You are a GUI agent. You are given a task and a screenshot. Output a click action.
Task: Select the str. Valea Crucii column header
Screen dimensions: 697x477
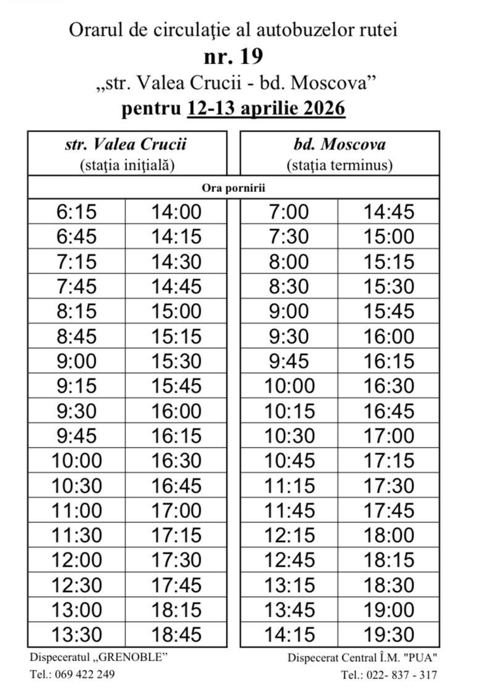tap(126, 145)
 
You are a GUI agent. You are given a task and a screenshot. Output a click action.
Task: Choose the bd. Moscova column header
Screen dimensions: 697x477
tap(339, 145)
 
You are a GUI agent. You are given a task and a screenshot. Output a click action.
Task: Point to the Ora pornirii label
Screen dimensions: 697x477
tap(233, 188)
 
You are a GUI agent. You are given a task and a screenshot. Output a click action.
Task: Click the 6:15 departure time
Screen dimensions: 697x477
tap(77, 212)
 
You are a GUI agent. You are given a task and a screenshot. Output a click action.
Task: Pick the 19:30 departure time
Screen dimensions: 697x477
tap(389, 634)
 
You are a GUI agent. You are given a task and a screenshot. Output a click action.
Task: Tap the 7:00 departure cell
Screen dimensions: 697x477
tap(289, 212)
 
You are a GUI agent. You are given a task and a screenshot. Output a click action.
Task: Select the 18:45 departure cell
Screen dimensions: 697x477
tap(176, 634)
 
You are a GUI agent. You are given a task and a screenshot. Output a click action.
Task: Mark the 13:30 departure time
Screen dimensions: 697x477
tap(77, 634)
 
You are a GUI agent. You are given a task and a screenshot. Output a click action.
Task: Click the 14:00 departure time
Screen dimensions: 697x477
tap(176, 212)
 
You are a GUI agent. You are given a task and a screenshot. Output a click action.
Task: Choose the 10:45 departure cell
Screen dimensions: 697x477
tap(289, 461)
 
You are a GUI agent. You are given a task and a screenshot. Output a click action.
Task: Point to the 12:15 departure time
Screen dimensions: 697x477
tap(289, 535)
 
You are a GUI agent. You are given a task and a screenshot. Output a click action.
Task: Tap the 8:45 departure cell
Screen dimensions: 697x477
tap(77, 336)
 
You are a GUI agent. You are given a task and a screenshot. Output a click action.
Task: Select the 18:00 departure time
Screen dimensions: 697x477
tap(389, 535)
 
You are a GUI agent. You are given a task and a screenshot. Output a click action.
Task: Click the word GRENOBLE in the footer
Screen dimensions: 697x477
tap(134, 657)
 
